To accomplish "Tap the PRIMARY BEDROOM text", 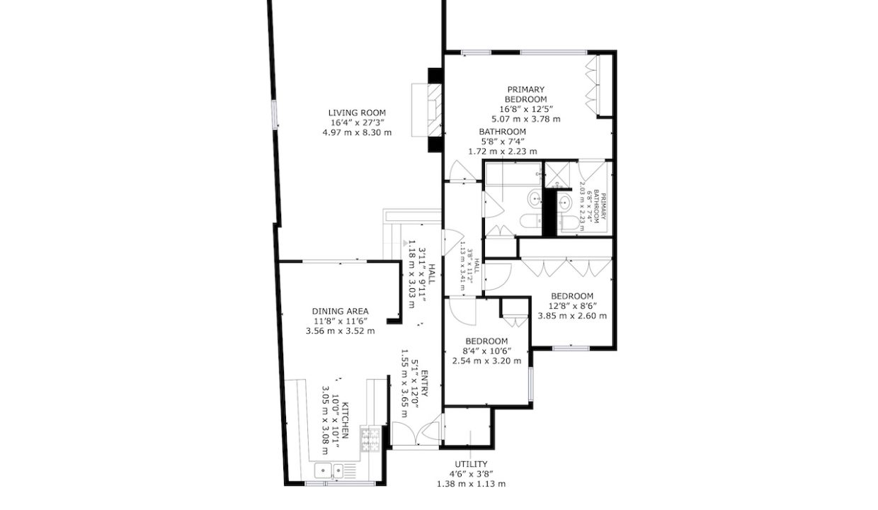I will tap(525, 94).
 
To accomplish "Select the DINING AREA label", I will tap(340, 311).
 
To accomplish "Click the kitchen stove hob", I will tap(370, 438).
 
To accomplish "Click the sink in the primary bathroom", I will tap(565, 203).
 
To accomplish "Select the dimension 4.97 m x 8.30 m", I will tap(356, 132).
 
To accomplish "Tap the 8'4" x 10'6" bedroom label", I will tap(486, 351).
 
